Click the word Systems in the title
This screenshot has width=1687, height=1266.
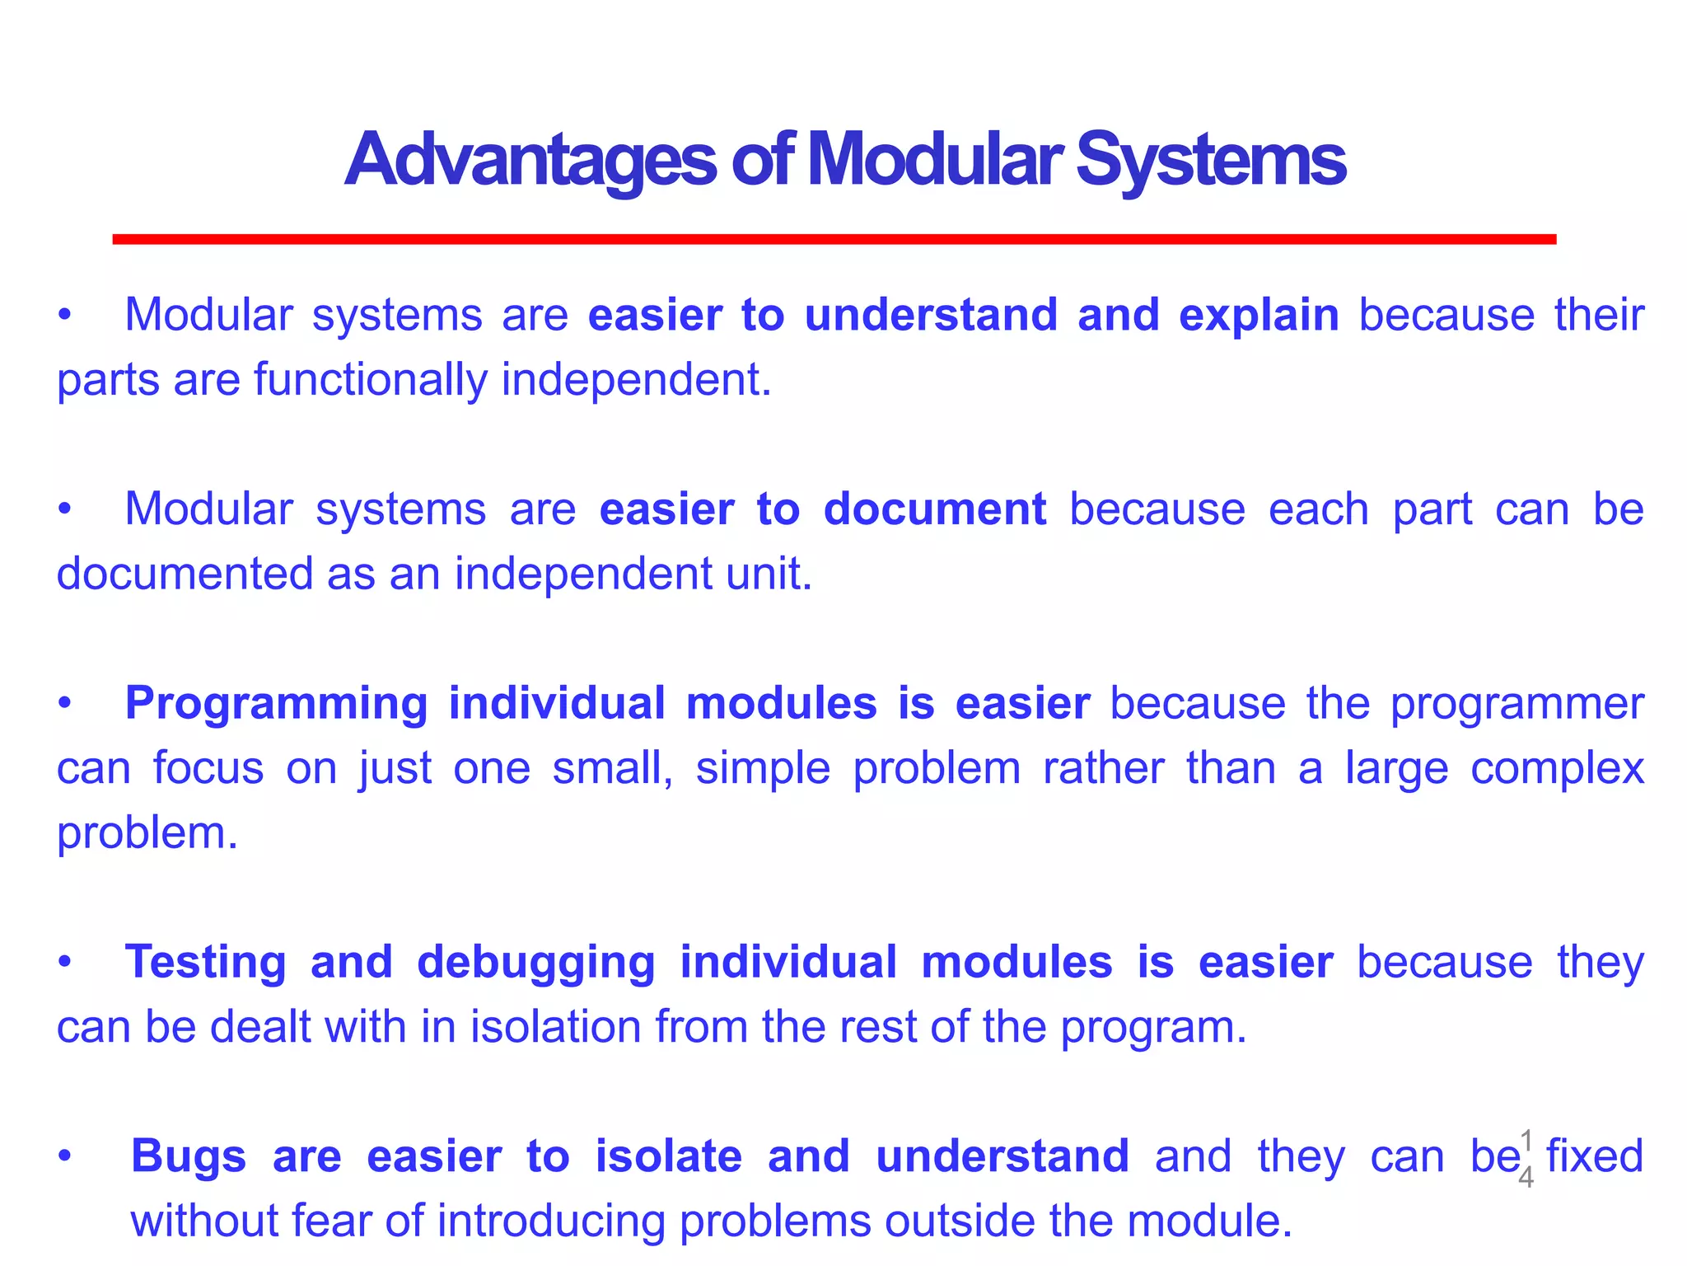point(1210,160)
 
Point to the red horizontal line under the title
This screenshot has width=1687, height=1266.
point(834,239)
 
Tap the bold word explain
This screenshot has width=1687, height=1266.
point(1258,316)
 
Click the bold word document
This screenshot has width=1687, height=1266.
point(934,509)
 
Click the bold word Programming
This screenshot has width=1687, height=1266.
point(276,705)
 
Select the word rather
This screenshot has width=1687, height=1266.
point(1103,768)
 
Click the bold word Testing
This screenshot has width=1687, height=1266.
point(205,963)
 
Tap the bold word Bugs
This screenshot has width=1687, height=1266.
point(189,1156)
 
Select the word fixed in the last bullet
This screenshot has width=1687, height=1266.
point(1594,1156)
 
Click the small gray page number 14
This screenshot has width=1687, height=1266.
point(1526,1159)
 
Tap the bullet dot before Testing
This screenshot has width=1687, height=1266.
point(65,963)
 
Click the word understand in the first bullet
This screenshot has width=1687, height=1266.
point(931,316)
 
